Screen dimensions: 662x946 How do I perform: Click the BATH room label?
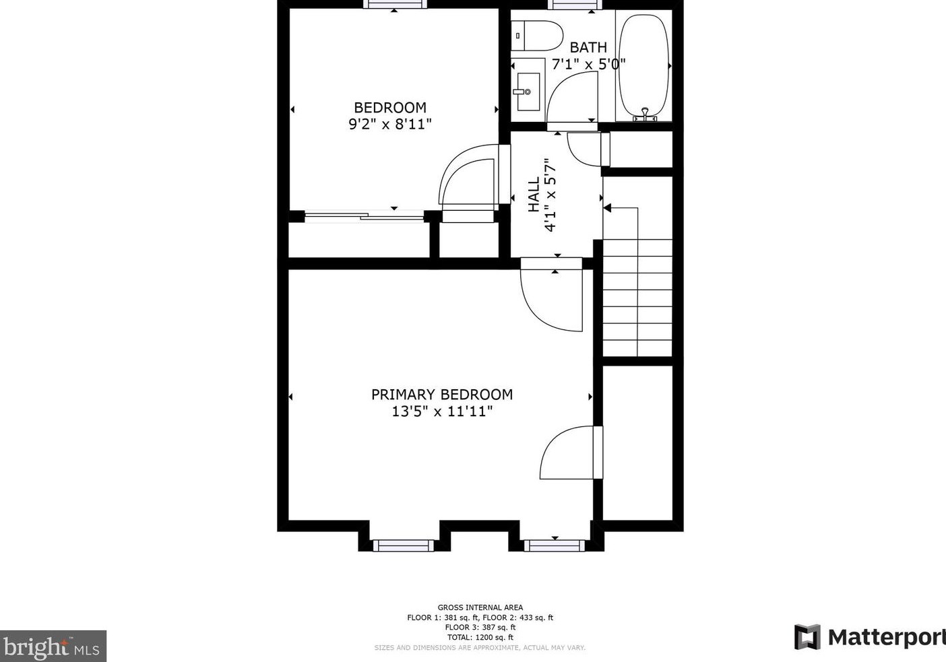588,47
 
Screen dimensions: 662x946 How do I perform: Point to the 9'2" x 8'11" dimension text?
389,124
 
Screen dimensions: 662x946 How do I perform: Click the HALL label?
534,195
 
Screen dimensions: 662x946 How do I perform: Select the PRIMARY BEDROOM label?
442,395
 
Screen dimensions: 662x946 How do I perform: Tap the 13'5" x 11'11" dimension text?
442,411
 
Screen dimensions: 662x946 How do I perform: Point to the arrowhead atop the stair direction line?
607,208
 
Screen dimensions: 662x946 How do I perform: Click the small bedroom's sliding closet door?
364,216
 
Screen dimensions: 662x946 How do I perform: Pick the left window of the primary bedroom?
404,545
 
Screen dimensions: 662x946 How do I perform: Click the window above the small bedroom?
395,4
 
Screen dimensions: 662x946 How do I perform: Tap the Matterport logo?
870,637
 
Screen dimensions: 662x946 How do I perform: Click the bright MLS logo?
53,647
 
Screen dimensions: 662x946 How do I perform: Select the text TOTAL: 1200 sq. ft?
480,637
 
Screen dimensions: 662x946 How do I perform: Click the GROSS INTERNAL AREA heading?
480,607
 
